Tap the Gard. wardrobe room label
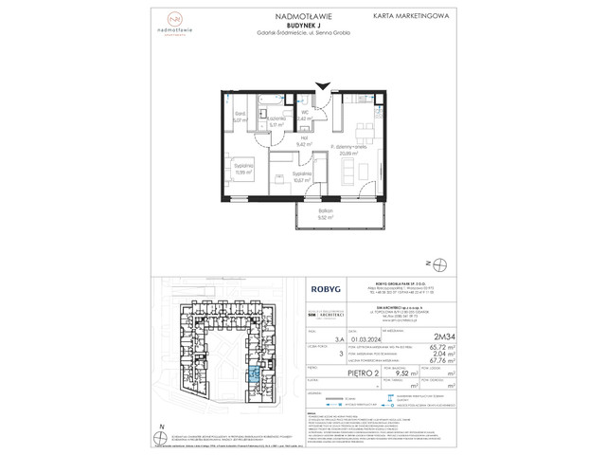pos(241,118)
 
